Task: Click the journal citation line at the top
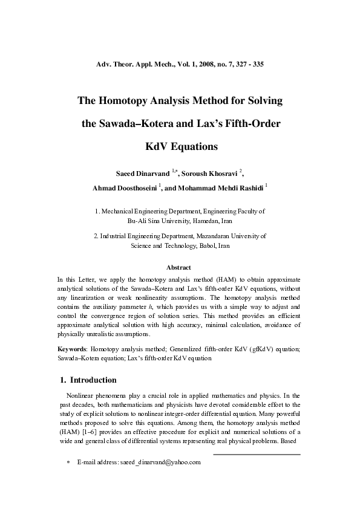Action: (180, 63)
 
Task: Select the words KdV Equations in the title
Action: (180, 146)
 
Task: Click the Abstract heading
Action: (180, 267)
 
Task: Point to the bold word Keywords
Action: (72, 349)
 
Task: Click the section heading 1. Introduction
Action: (88, 380)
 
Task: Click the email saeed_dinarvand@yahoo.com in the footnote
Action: (160, 462)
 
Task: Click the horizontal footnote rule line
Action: (257, 454)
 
